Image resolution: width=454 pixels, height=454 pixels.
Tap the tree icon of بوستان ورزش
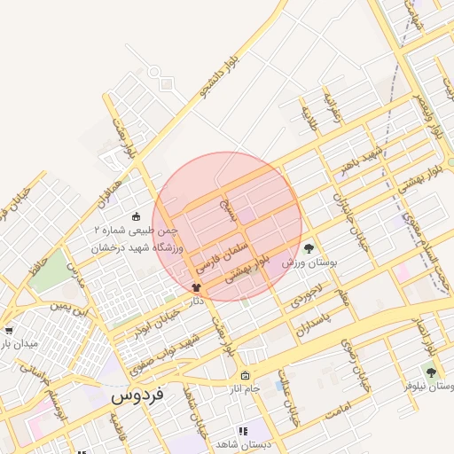tap(309, 249)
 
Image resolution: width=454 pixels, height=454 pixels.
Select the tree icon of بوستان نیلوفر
tap(431, 373)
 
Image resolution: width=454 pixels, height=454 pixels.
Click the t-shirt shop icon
tap(196, 287)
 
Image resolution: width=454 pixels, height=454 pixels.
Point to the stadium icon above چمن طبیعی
tap(136, 216)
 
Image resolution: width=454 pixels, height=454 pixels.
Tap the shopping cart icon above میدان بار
tap(8, 330)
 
